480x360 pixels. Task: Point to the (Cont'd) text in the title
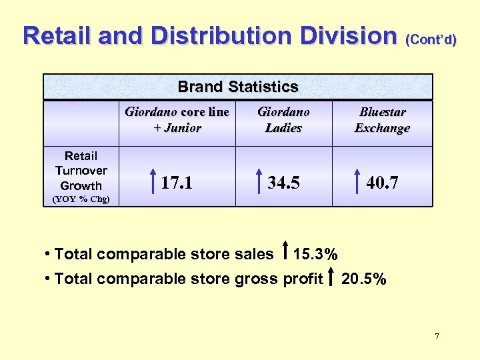(x=431, y=39)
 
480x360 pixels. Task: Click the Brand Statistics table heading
(x=238, y=87)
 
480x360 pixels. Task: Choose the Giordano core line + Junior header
(x=177, y=119)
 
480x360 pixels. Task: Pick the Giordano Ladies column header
(x=284, y=119)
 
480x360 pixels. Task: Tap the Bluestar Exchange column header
(x=382, y=119)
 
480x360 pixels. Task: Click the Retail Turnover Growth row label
(x=81, y=171)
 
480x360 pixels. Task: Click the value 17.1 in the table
(x=177, y=182)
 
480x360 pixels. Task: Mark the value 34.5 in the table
(x=283, y=182)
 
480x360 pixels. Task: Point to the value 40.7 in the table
(x=382, y=182)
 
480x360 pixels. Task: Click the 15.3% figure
(x=315, y=254)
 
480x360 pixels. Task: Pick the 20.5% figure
(x=363, y=279)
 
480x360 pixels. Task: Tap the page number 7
(x=437, y=337)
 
